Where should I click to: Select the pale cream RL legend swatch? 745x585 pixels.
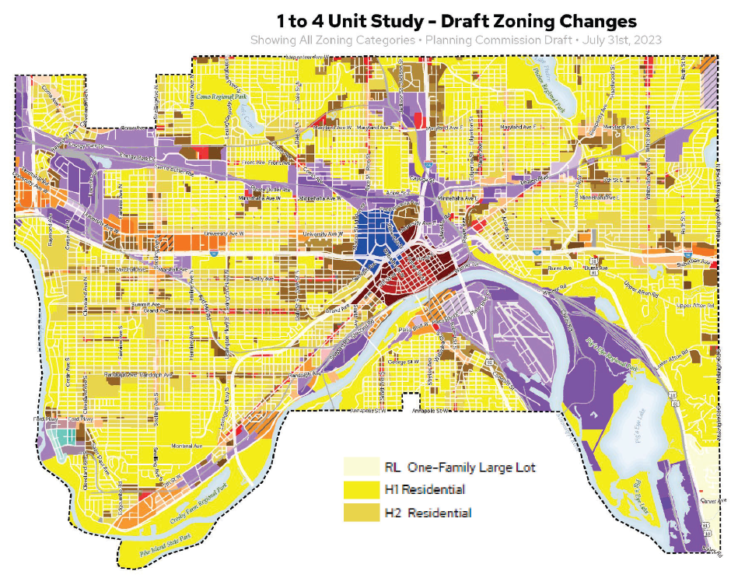click(361, 468)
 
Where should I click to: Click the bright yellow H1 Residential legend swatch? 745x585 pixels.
click(361, 490)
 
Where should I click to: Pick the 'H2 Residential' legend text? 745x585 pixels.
click(427, 513)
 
